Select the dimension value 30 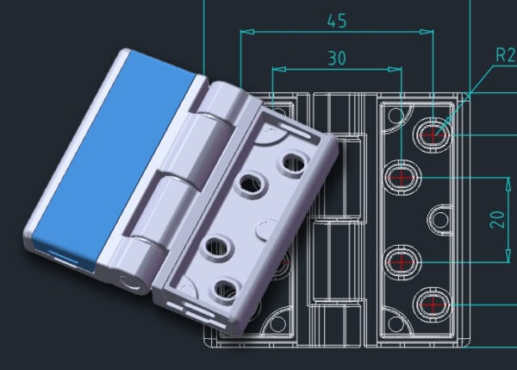[337, 58]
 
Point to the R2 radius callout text [504, 56]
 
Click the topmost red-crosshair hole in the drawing [433, 134]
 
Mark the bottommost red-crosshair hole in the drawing [433, 303]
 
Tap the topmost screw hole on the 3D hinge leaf [295, 161]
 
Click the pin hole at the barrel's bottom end [129, 279]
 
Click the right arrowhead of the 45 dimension [429, 32]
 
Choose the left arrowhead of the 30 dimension [276, 70]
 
